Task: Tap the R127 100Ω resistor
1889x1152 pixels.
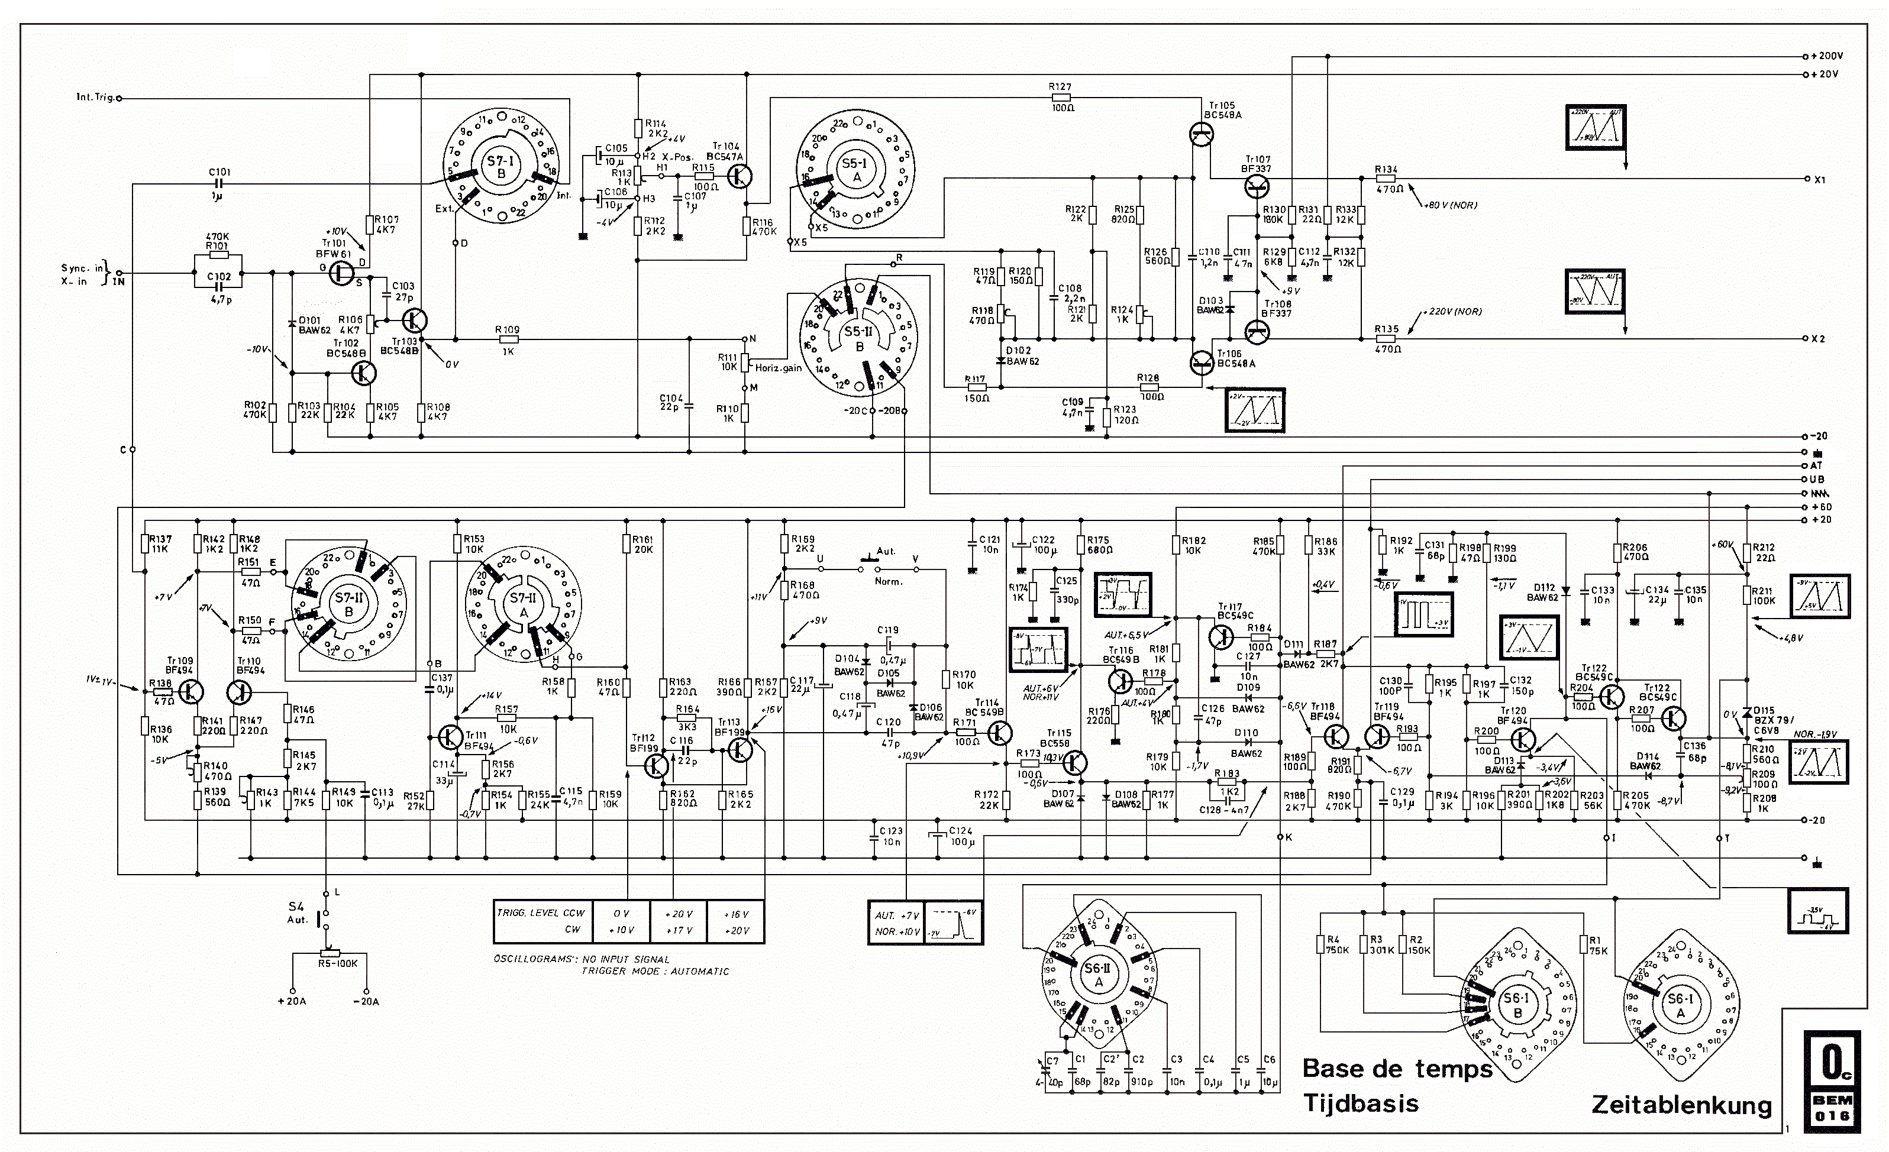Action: pos(1061,98)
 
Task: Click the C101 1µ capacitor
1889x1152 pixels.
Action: pos(219,184)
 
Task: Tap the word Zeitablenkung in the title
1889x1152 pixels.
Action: pos(1681,1105)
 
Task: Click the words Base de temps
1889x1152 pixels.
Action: pos(1397,1069)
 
